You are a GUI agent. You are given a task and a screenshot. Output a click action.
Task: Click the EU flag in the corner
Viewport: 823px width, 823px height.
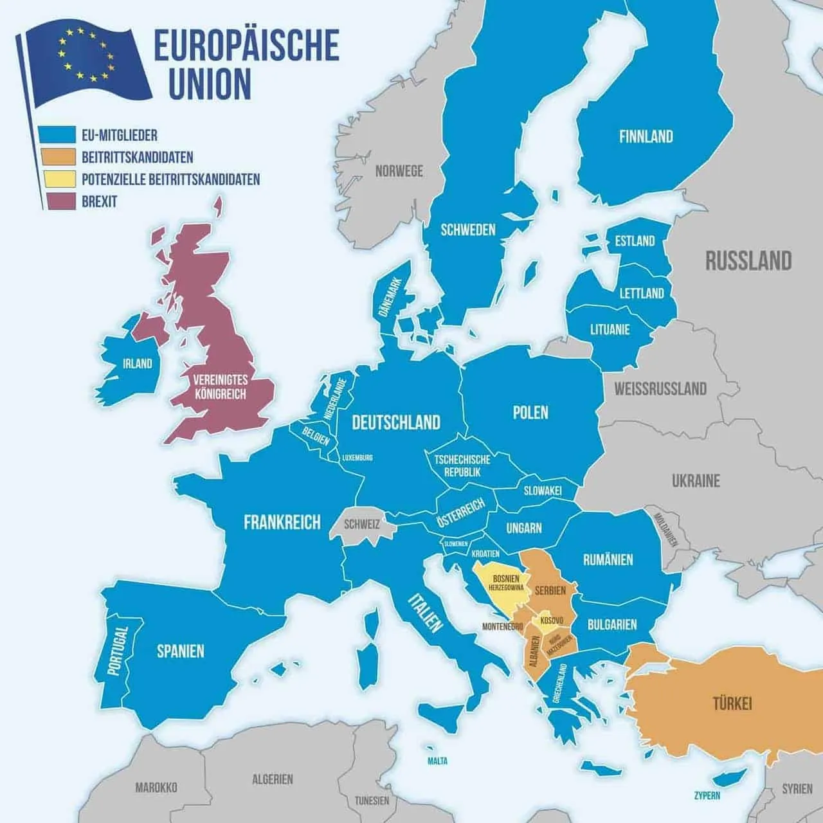(x=87, y=61)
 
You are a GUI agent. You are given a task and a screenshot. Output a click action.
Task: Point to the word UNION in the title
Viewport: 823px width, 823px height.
(x=209, y=84)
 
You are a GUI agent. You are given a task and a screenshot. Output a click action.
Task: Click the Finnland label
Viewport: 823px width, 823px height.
(x=646, y=136)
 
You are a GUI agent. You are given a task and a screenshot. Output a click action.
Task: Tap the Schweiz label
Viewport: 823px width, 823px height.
(x=361, y=524)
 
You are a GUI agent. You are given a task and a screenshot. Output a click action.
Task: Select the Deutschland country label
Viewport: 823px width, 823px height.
(x=396, y=422)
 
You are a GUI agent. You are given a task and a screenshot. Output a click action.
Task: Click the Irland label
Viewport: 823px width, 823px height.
(x=138, y=364)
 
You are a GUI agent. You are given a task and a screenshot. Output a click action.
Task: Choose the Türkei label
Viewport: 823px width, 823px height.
(x=732, y=703)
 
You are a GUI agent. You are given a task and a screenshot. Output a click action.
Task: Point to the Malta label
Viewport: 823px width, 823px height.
(x=437, y=761)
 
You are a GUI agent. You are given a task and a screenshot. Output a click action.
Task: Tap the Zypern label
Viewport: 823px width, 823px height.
(x=707, y=795)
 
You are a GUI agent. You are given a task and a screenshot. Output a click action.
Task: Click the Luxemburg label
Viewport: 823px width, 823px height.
(x=357, y=458)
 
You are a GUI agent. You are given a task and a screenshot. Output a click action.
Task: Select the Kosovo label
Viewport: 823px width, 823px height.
(x=552, y=620)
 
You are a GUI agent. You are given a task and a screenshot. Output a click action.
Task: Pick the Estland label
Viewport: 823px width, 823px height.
(x=635, y=241)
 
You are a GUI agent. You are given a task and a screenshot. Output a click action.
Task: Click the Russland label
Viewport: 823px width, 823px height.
(x=748, y=261)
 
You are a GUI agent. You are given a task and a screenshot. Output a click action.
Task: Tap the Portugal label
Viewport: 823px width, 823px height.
(x=116, y=651)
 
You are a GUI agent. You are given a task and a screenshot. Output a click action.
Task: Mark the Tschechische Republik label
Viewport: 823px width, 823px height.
(x=462, y=466)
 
